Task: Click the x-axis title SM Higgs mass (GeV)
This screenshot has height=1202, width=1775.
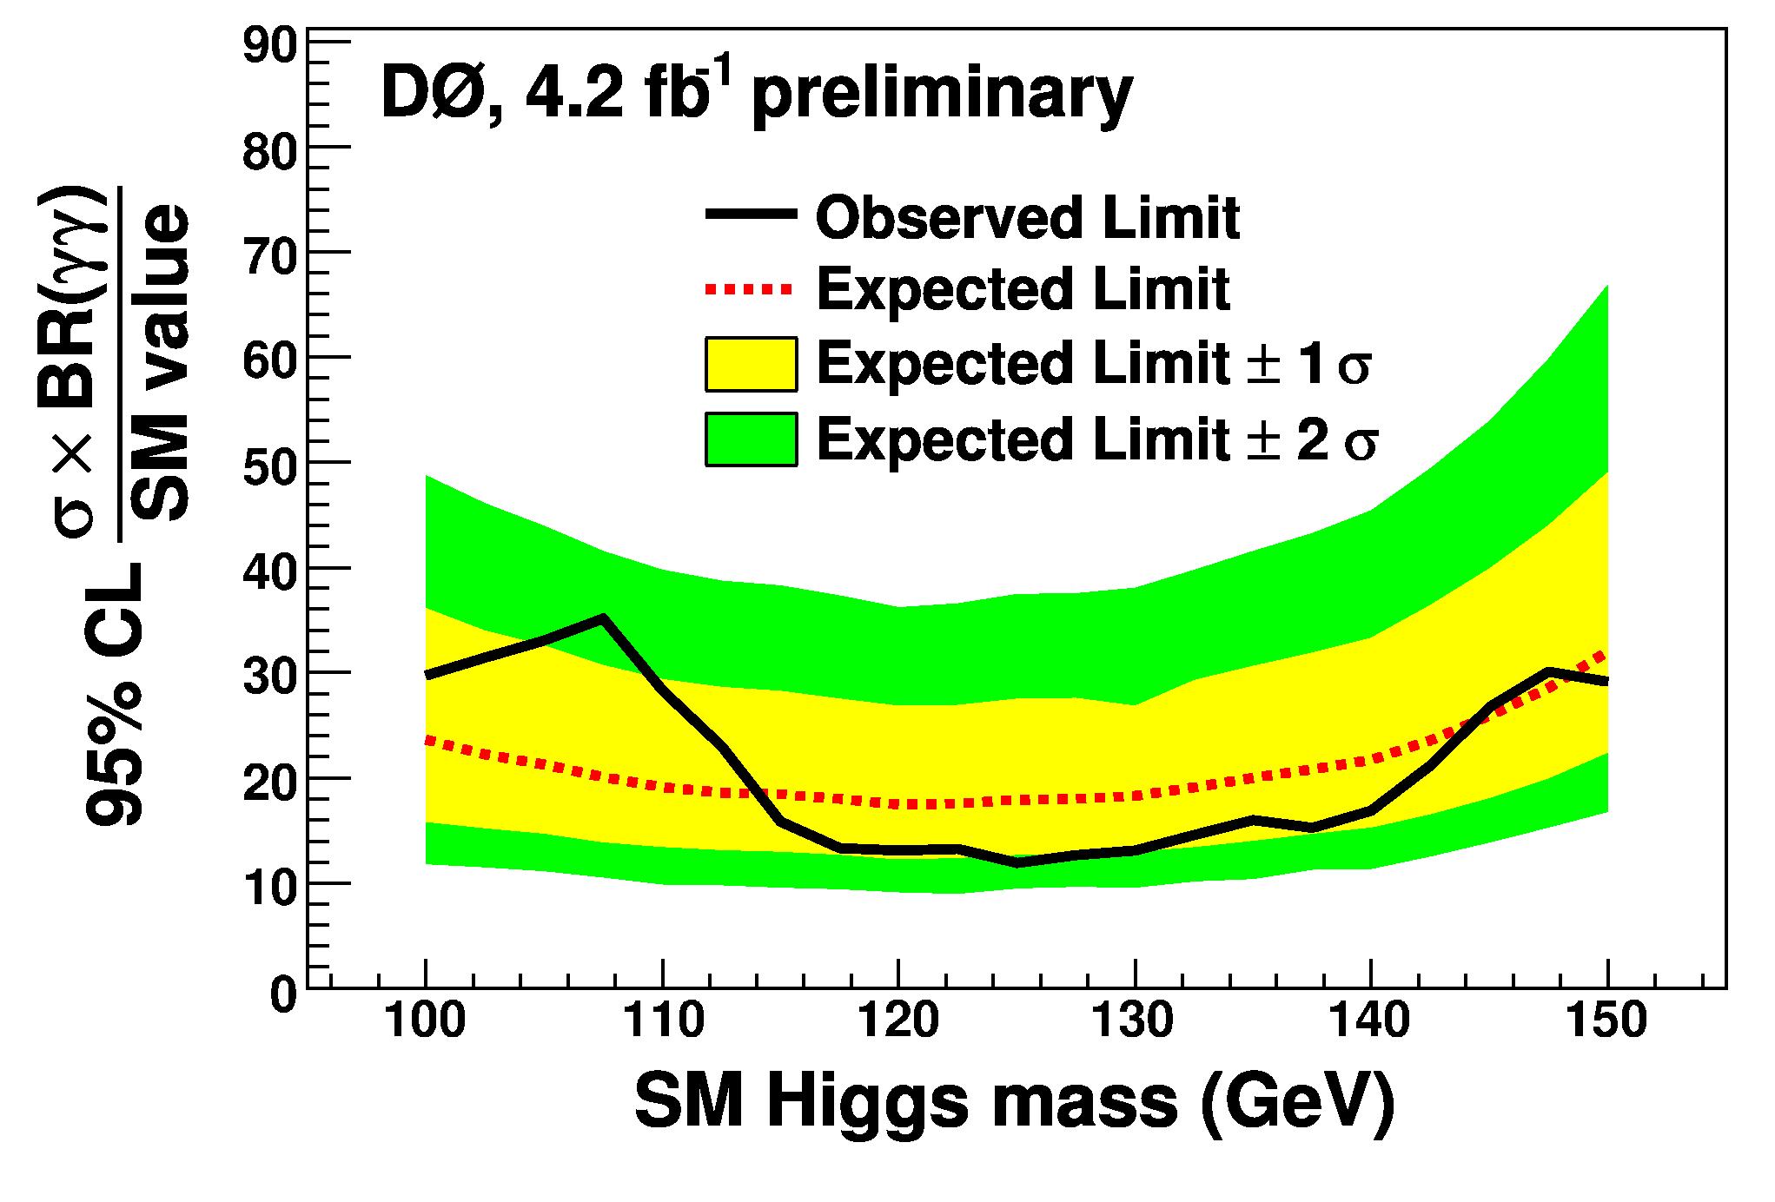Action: coord(1015,1104)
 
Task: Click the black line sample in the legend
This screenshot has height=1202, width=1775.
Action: coord(750,215)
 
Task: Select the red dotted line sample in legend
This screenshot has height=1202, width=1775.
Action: coord(750,288)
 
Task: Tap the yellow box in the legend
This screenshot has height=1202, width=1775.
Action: coord(751,364)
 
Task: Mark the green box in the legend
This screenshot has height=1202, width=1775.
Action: coord(751,439)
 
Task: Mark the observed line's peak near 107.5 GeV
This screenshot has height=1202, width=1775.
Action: coord(602,618)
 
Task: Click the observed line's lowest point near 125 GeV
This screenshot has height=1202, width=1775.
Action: coord(1015,862)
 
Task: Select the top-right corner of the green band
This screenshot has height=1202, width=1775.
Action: coord(1606,286)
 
